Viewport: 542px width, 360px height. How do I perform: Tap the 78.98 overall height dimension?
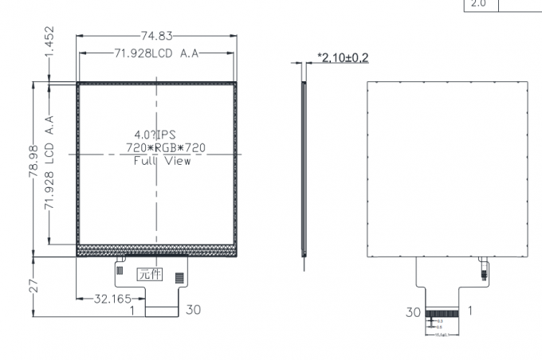click(x=34, y=168)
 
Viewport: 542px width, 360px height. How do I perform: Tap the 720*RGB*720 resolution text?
click(x=159, y=147)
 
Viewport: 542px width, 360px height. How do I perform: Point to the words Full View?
click(x=161, y=161)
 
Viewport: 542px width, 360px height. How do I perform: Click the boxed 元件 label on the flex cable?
click(x=149, y=275)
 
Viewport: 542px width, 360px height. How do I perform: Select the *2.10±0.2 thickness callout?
click(x=343, y=57)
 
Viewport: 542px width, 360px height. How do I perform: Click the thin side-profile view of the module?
click(x=304, y=167)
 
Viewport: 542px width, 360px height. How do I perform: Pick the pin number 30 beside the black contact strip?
click(x=412, y=313)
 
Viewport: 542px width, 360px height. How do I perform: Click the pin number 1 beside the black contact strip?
click(x=470, y=311)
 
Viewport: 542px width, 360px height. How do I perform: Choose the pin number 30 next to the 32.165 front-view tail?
click(x=194, y=309)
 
